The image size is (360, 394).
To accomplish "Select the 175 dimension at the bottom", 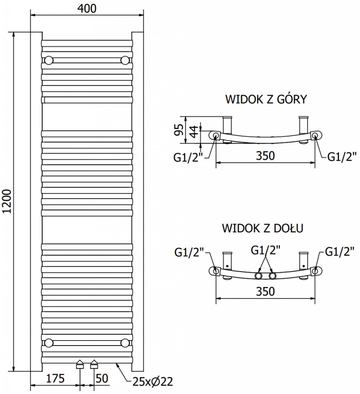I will [55, 379].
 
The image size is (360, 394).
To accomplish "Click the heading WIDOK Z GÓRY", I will [266, 100].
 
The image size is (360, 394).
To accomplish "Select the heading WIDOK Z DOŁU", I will [263, 228].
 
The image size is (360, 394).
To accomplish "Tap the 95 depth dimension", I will [177, 130].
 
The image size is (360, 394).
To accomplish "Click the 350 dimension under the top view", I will [265, 156].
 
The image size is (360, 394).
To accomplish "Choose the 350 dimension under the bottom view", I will [265, 291].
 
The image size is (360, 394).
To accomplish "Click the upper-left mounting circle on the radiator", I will [49, 60].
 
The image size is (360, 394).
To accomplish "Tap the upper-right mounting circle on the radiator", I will [125, 60].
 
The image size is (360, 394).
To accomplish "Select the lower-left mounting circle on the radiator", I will [49, 343].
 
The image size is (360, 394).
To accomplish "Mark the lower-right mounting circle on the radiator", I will [125, 343].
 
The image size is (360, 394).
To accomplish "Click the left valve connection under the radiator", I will [80, 364].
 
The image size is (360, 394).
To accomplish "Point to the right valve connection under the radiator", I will [94, 364].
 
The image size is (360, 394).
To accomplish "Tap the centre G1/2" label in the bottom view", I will [265, 250].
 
